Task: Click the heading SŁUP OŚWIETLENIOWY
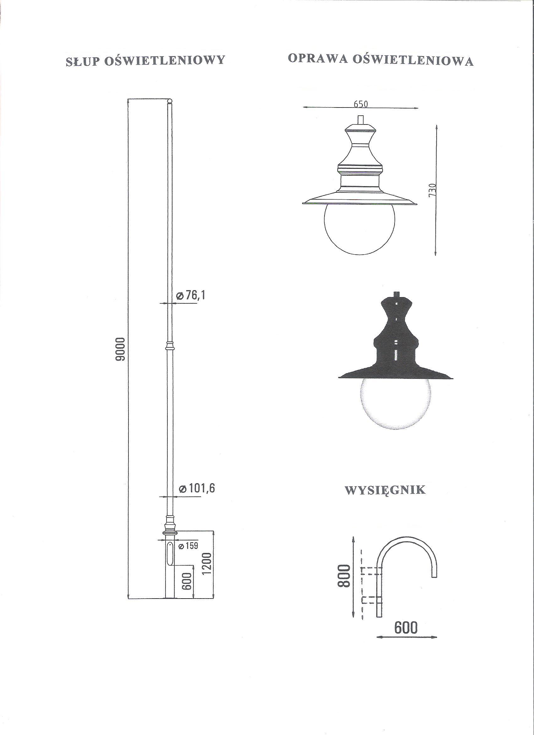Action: click(x=145, y=61)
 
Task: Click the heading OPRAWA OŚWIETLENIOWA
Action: click(x=380, y=60)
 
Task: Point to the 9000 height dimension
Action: click(x=121, y=349)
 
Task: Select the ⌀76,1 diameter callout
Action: click(x=191, y=295)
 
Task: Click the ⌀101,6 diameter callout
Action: click(x=197, y=489)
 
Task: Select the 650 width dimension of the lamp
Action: click(x=360, y=104)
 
